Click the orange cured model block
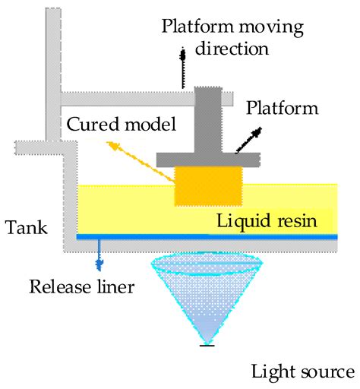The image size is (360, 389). tap(209, 185)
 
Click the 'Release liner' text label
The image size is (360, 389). tap(82, 286)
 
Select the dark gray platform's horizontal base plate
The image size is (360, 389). tap(209, 159)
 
